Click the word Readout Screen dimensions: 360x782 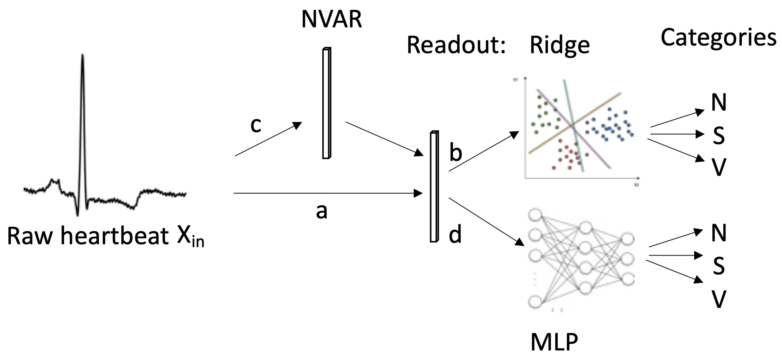tap(455, 45)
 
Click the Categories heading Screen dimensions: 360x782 tap(718, 38)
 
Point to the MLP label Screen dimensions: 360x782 tap(554, 342)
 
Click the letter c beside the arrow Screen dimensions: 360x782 tap(255, 125)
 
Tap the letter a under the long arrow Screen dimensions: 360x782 tap(322, 211)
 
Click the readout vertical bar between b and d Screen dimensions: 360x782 tap(434, 187)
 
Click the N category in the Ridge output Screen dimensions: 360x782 tap(719, 103)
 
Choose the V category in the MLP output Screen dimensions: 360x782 tap(719, 299)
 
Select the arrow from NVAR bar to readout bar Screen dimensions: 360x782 tap(384, 139)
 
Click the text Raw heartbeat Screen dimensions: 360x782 tap(88, 236)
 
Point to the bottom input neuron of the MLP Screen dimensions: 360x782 tap(535, 302)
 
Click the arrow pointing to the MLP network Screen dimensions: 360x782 tap(486, 221)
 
